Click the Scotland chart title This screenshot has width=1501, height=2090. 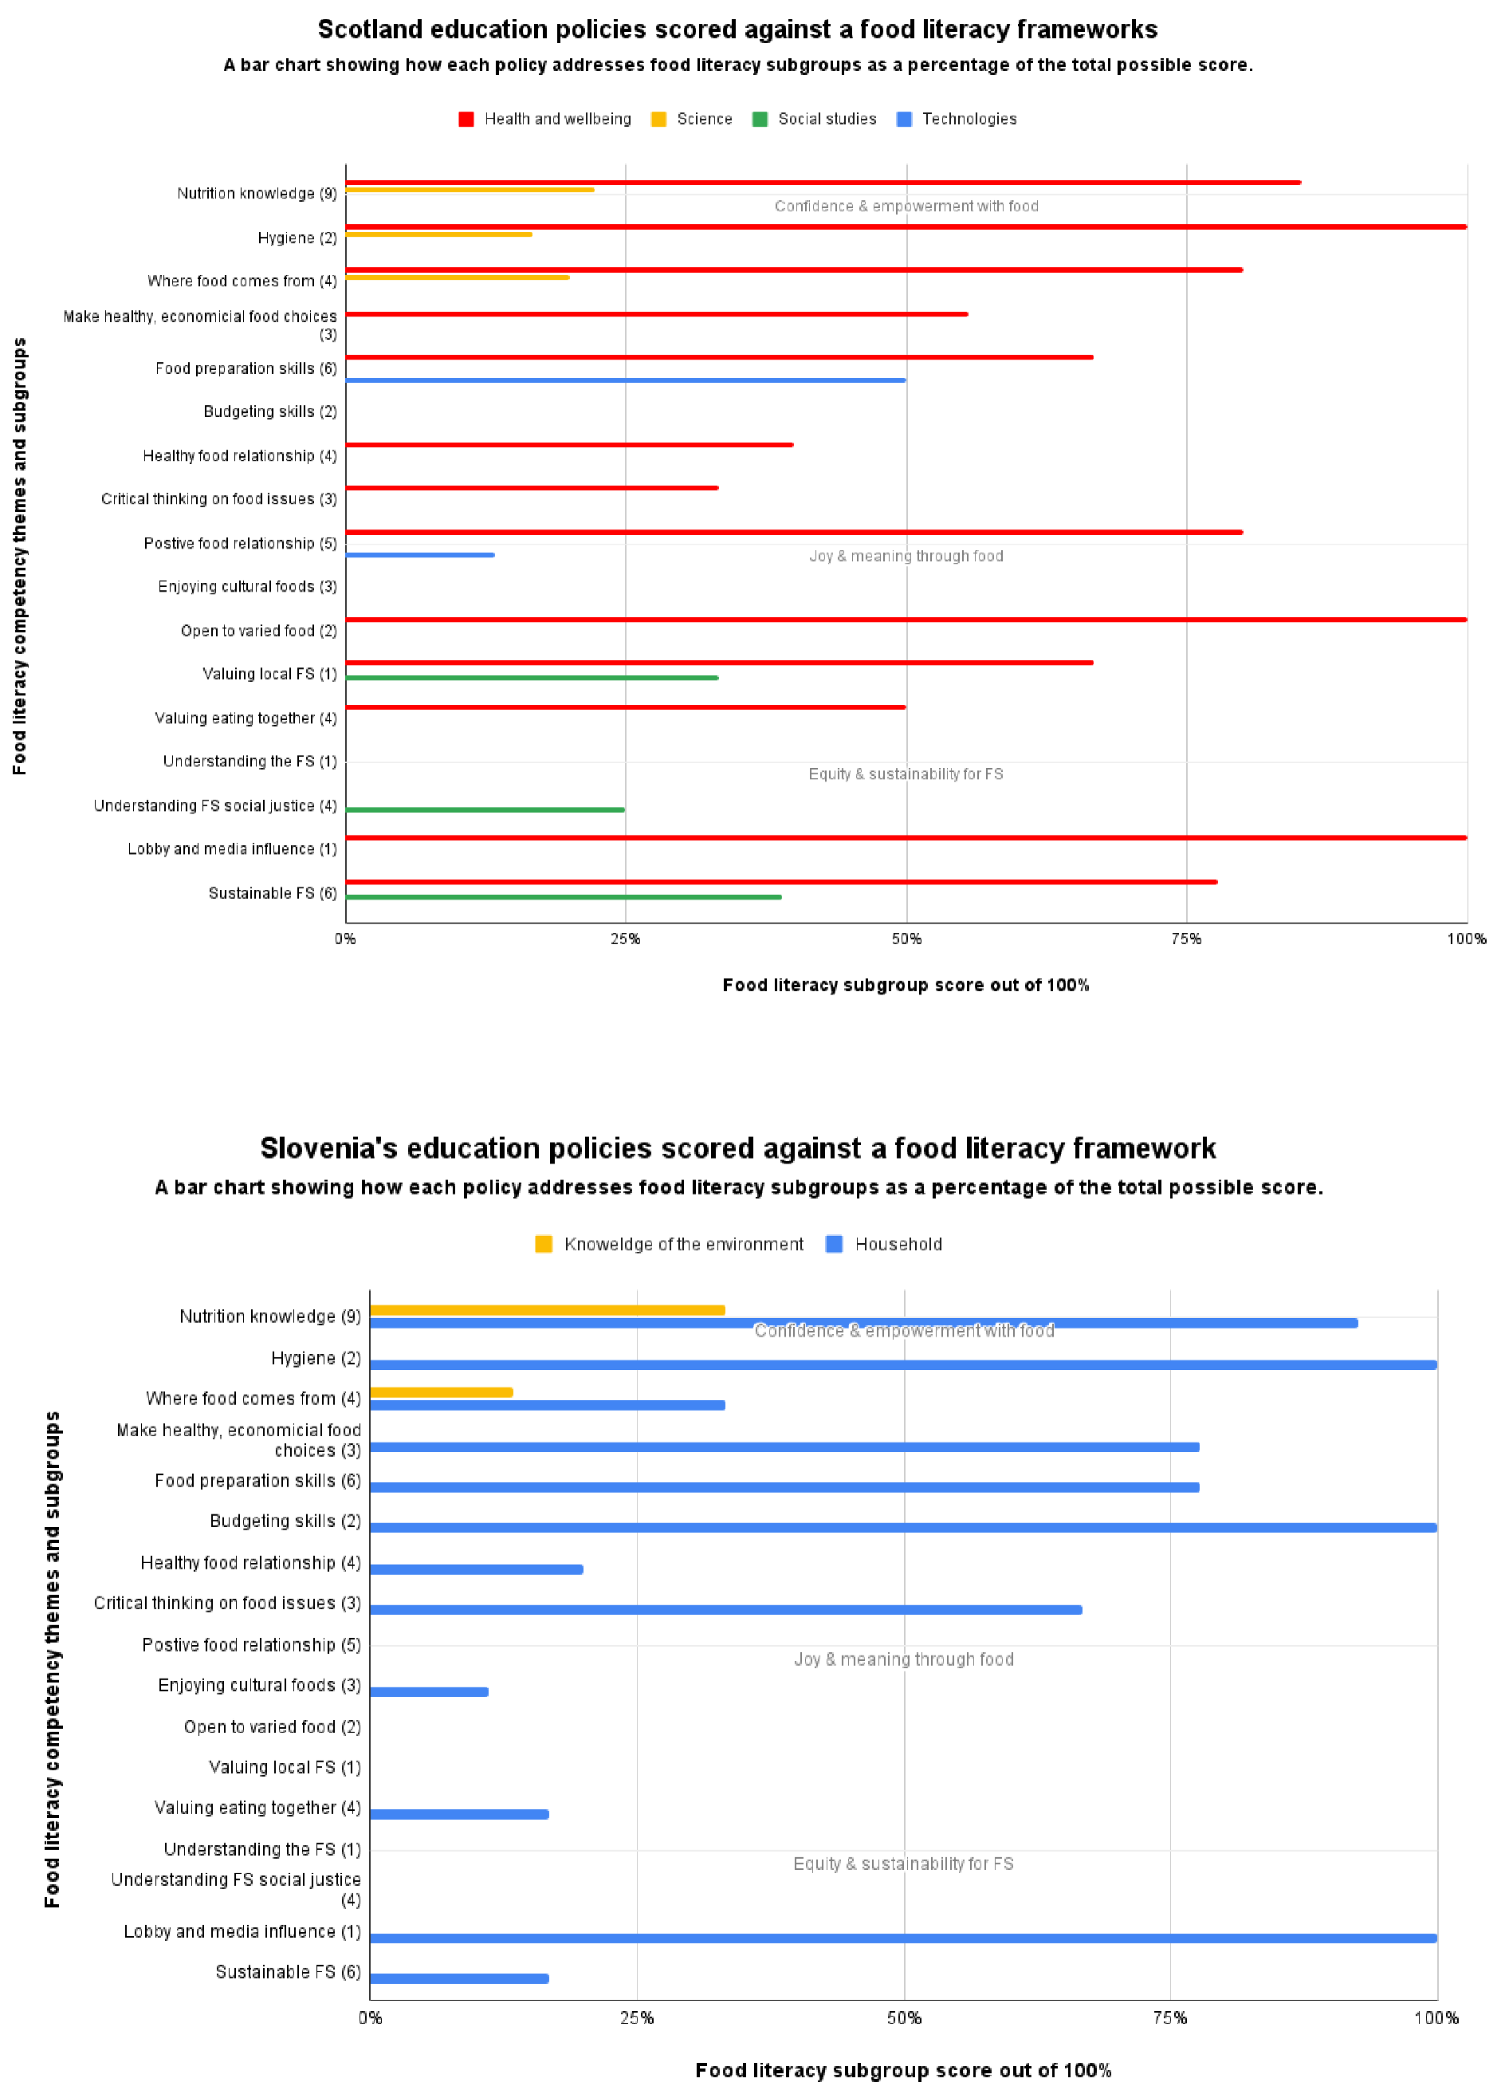tap(737, 30)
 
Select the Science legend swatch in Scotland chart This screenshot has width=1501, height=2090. tap(658, 119)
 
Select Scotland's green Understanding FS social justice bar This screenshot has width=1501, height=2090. tap(485, 809)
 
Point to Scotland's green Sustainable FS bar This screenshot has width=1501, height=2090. tap(563, 896)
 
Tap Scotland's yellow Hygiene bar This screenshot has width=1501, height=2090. tap(438, 234)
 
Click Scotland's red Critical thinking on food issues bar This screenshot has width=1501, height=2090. tap(532, 487)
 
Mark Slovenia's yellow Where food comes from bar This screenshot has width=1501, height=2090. tap(441, 1391)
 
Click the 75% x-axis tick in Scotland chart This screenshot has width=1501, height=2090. tap(1186, 939)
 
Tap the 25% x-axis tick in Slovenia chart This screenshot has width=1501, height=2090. tap(637, 2018)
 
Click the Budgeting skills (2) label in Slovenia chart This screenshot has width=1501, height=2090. tap(285, 1521)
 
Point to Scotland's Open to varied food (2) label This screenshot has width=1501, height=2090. tap(258, 630)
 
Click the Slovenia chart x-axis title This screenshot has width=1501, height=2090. tap(903, 2071)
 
